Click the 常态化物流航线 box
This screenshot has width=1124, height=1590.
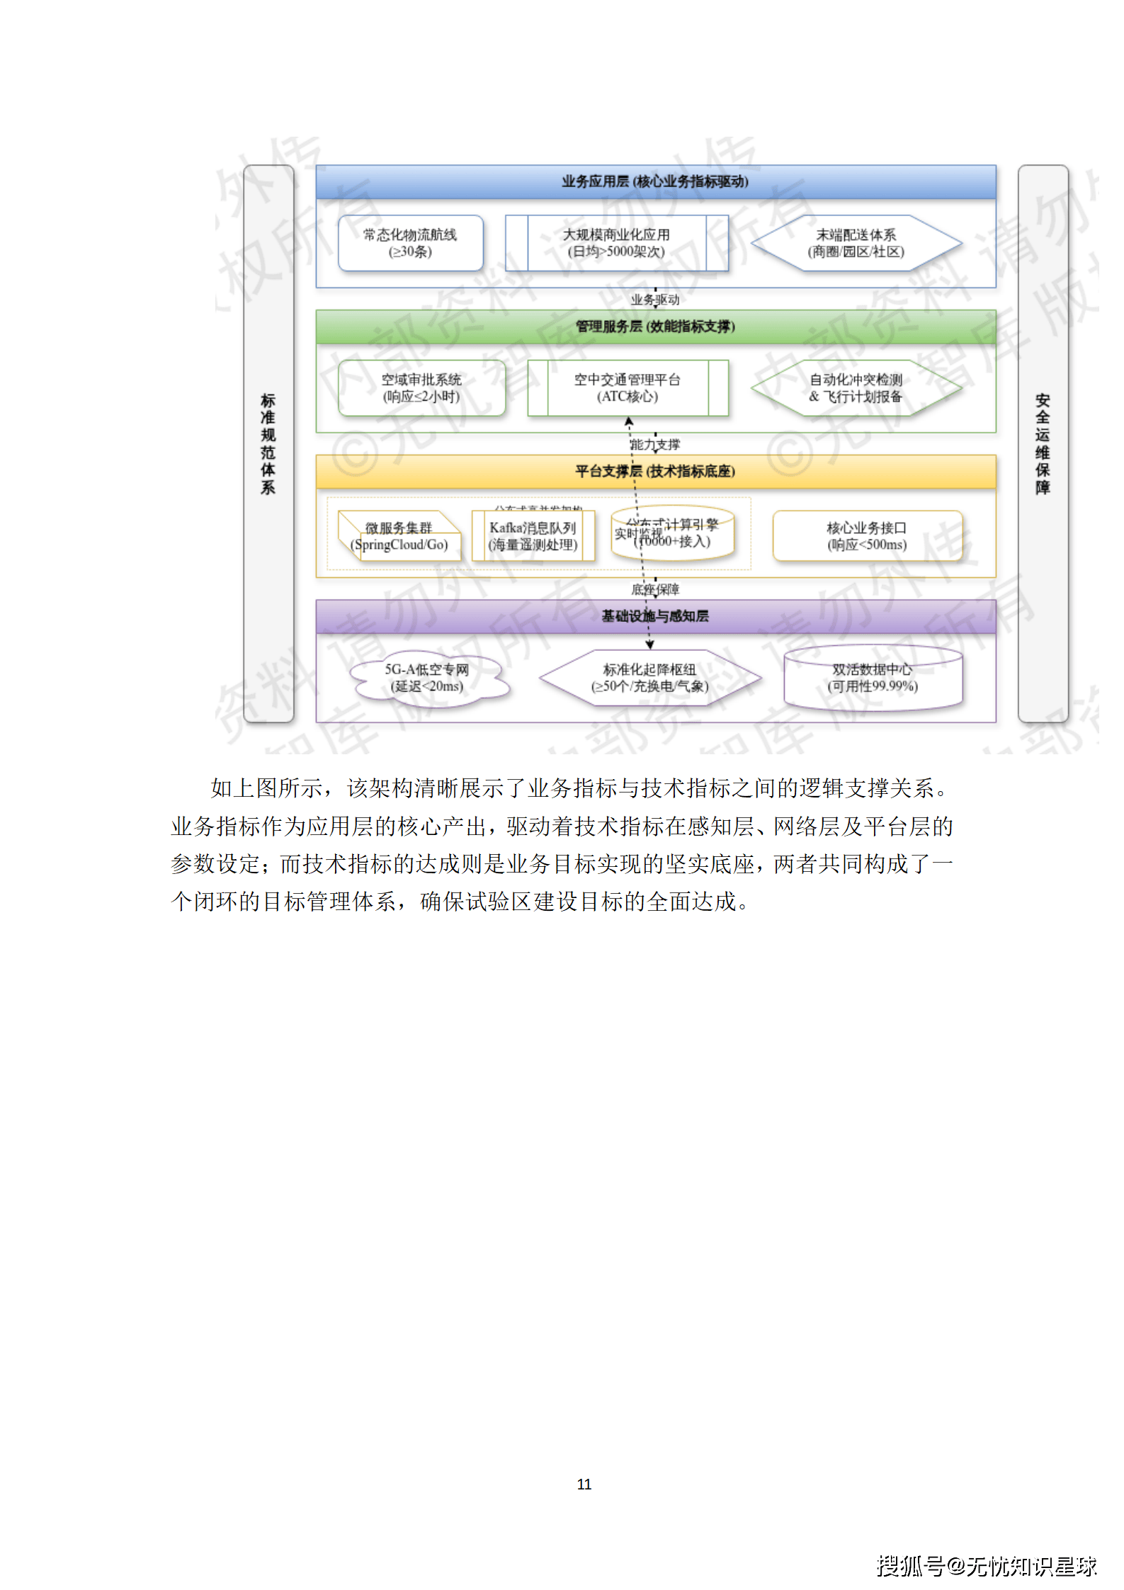(x=410, y=243)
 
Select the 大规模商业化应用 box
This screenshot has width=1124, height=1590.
(x=616, y=243)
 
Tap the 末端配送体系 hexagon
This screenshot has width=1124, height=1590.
(x=856, y=243)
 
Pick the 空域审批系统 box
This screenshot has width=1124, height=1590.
(x=421, y=388)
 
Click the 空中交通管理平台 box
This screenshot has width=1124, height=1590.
(x=627, y=388)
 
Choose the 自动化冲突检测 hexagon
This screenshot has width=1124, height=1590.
(x=856, y=388)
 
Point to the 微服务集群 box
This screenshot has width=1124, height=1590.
(x=399, y=537)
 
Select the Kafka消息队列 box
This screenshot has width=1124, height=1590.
(x=533, y=537)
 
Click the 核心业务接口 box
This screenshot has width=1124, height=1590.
(x=867, y=536)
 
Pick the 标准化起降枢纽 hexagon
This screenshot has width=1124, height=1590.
(x=649, y=678)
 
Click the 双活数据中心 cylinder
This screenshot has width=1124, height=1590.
(x=873, y=678)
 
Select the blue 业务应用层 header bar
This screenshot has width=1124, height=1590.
(x=655, y=181)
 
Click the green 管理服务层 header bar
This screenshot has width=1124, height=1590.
(x=655, y=326)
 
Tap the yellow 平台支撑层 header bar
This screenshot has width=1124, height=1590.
(x=655, y=471)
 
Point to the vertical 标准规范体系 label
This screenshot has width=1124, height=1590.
(x=268, y=444)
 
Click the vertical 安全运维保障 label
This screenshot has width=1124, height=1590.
(x=1043, y=444)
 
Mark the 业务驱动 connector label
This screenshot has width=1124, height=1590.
(x=655, y=300)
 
